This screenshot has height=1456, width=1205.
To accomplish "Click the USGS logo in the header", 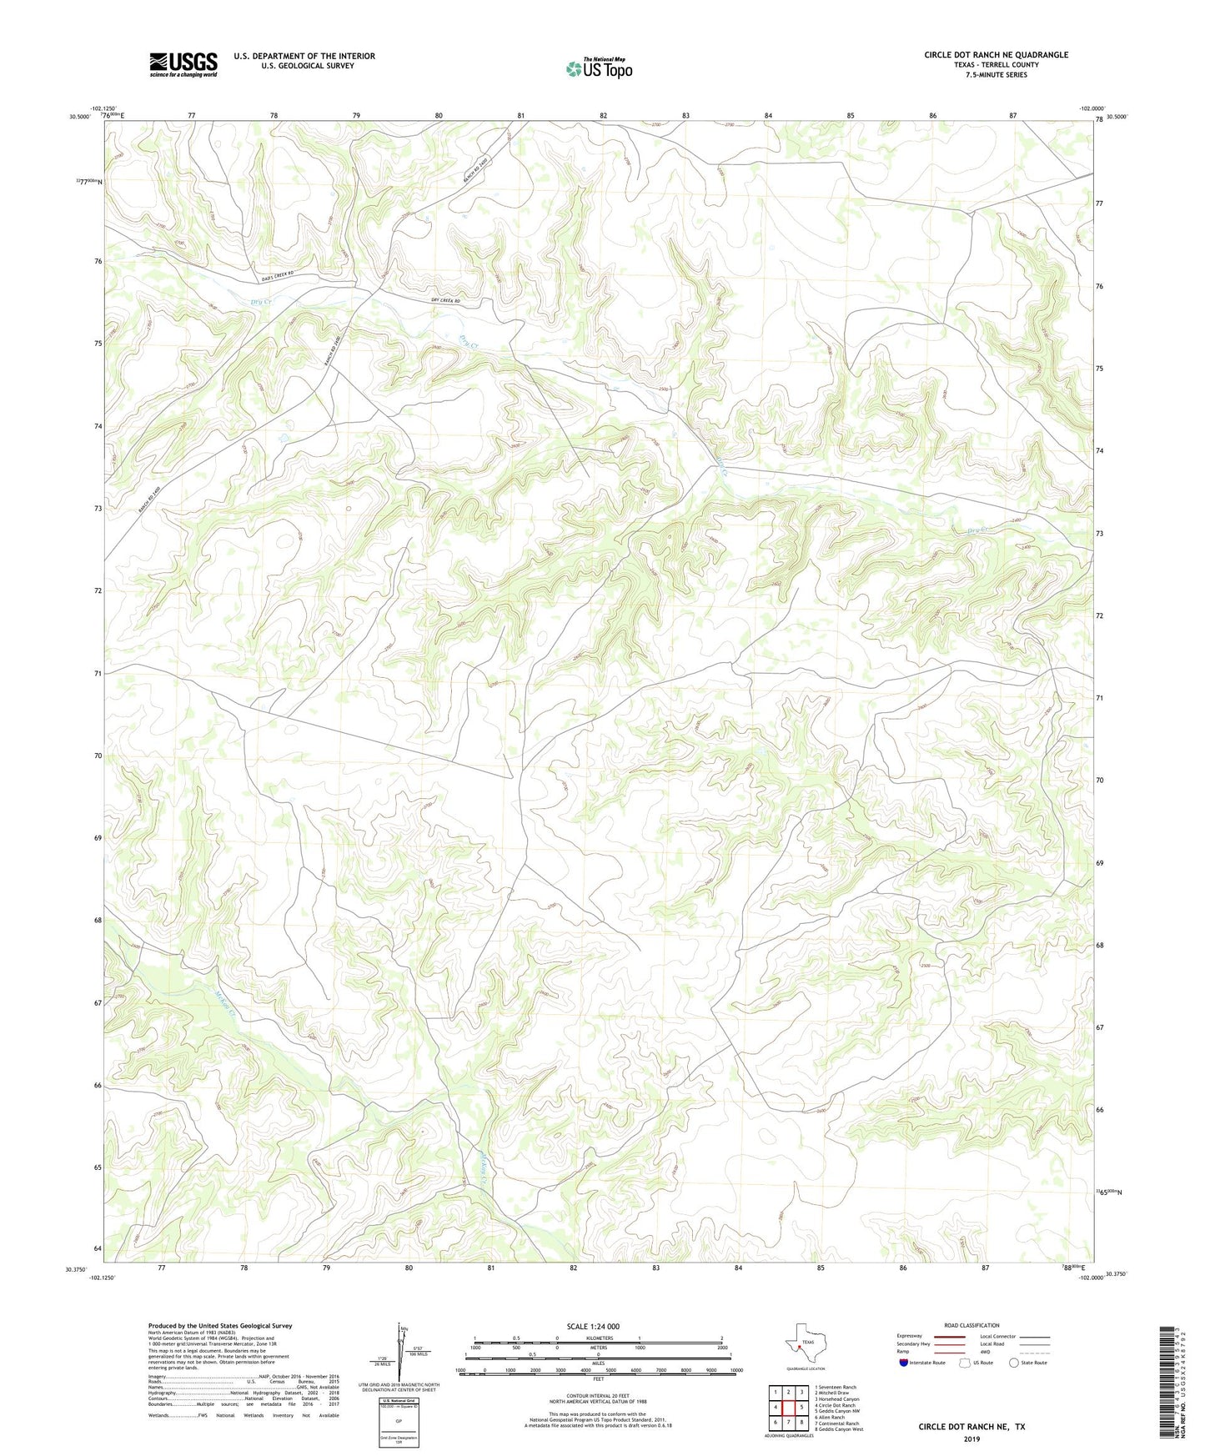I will coord(183,64).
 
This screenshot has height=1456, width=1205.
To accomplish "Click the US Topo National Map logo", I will coord(599,68).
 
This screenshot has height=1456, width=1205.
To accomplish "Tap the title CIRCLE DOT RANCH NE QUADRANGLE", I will coord(996,55).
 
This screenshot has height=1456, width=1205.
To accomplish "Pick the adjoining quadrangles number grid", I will coord(788,1408).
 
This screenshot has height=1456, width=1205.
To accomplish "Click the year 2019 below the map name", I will coord(972,1438).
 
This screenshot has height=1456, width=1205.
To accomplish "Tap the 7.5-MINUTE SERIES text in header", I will coord(996,75).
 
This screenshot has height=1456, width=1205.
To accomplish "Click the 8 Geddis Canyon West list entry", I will coord(838,1429).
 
